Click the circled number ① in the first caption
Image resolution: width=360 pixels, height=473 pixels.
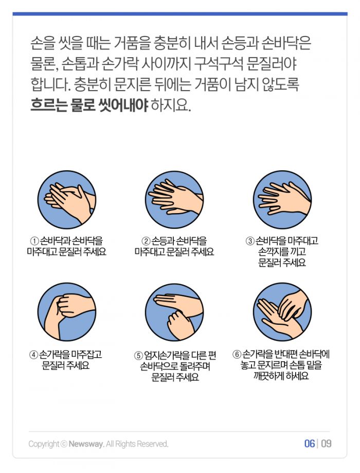34,241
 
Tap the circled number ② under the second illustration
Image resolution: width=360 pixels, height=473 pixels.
146,241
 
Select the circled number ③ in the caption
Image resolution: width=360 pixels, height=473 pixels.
250,241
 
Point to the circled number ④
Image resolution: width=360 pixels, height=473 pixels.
33,355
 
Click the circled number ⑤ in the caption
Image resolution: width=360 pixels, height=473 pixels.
138,355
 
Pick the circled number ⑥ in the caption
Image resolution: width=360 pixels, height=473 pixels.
237,354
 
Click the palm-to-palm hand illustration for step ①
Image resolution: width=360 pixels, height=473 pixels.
67,199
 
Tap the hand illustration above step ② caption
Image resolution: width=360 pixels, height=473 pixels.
174,199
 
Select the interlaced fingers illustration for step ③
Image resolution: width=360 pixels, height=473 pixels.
282,199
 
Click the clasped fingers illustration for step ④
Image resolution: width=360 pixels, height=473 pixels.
67,312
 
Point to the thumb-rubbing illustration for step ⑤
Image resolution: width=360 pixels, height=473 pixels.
174,312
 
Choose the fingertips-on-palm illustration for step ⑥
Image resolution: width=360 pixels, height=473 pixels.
282,312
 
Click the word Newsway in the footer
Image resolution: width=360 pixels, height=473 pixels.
86,444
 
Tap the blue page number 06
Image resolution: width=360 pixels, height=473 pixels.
310,444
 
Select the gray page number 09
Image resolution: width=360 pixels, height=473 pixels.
326,444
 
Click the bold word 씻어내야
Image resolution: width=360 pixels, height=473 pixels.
123,106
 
